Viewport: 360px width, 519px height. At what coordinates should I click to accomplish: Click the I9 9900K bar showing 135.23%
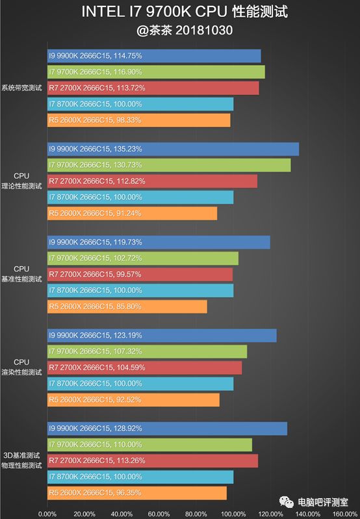click(173, 149)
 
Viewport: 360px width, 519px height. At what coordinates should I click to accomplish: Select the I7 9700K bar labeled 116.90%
click(156, 72)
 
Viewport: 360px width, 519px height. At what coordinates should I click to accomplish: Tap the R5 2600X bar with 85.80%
click(127, 306)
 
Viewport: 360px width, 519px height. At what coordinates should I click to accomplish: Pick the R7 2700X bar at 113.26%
click(153, 461)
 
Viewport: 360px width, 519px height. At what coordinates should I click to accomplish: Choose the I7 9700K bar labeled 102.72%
click(143, 258)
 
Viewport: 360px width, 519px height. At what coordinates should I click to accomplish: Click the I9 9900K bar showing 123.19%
click(162, 336)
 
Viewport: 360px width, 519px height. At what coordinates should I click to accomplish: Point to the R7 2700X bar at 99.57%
click(140, 274)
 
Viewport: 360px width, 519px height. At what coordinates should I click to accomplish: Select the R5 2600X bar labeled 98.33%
click(139, 120)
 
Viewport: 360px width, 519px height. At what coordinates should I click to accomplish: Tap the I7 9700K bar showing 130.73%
click(169, 165)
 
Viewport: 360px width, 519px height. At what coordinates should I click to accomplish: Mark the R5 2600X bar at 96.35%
click(137, 493)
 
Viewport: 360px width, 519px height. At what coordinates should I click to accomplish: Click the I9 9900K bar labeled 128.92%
click(167, 429)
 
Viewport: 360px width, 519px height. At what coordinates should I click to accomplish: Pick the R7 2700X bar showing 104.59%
click(144, 368)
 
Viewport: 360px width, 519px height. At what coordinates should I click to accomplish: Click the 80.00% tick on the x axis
click(196, 514)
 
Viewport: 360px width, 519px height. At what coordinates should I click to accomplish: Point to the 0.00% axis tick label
click(47, 514)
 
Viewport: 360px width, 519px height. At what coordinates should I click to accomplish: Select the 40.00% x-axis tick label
click(122, 514)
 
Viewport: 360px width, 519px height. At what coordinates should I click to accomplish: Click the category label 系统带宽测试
click(22, 88)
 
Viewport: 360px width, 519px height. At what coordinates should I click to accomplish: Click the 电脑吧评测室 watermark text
click(323, 503)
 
